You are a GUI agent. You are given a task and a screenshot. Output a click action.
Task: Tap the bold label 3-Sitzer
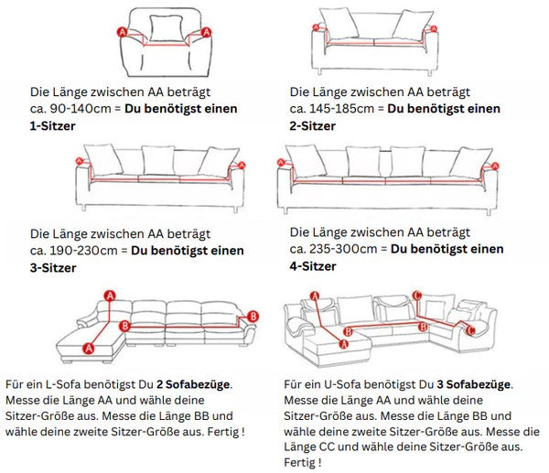tap(53, 268)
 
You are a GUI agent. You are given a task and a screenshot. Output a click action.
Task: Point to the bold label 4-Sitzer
tap(313, 266)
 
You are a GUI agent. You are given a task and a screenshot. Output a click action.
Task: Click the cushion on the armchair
tap(165, 28)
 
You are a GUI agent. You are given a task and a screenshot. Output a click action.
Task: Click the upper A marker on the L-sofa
tap(110, 295)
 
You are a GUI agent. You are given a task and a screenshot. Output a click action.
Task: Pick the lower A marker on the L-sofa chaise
tap(89, 347)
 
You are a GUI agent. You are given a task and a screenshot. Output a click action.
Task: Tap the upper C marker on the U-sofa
tap(416, 295)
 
